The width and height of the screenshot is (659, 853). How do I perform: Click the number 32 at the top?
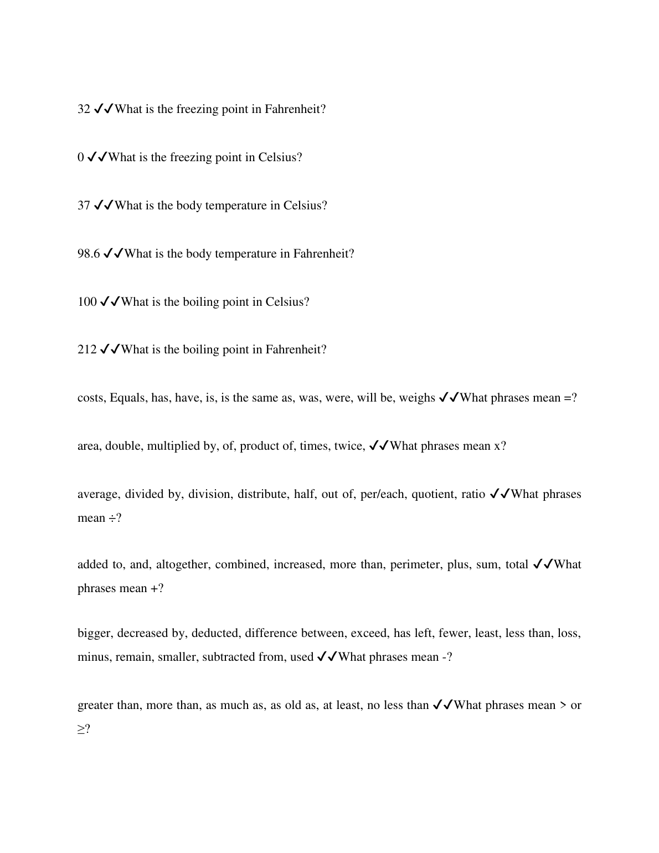[84, 109]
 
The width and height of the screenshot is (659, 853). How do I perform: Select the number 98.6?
[89, 254]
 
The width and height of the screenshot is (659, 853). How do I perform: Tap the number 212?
[87, 350]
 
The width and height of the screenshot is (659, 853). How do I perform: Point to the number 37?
[84, 205]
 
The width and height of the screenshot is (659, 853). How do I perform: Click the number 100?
[87, 302]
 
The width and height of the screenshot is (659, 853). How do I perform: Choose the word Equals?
[127, 398]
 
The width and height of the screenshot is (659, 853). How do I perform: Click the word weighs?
[417, 398]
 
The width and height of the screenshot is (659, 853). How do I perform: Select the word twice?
[349, 446]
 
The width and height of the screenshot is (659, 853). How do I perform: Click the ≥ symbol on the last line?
[81, 729]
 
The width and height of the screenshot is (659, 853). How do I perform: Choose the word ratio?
[473, 494]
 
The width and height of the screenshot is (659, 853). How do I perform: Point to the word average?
[97, 494]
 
